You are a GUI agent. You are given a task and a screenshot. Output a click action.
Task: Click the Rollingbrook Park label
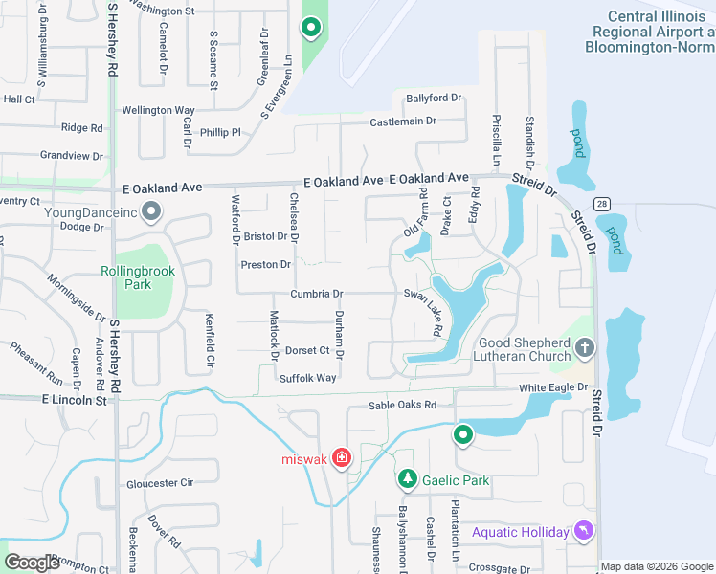[x=139, y=277]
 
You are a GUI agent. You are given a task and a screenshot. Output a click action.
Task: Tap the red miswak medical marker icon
[x=342, y=459]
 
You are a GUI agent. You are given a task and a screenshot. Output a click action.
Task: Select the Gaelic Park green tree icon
[x=408, y=478]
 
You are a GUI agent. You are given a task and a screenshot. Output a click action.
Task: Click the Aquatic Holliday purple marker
[x=583, y=531]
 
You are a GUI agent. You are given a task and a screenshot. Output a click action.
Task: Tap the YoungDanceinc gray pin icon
[x=151, y=210]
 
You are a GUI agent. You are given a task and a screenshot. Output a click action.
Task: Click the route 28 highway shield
[x=601, y=204]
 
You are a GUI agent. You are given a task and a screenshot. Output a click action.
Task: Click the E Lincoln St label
[x=75, y=401]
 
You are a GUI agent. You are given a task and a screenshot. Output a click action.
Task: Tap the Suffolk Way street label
[x=307, y=378]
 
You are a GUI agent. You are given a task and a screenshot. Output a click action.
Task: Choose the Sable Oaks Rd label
[x=409, y=406]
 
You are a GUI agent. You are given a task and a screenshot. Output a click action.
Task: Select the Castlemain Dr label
[x=403, y=121]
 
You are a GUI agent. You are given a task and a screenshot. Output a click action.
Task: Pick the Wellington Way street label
[x=158, y=111]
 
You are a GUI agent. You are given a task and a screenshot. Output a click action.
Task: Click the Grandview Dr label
[x=71, y=155]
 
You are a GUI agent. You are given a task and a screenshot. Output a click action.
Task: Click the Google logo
[x=33, y=563]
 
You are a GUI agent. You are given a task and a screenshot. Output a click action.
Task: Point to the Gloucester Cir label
[x=160, y=483]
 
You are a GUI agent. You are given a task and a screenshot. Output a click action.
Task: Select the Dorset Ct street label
[x=307, y=351]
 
